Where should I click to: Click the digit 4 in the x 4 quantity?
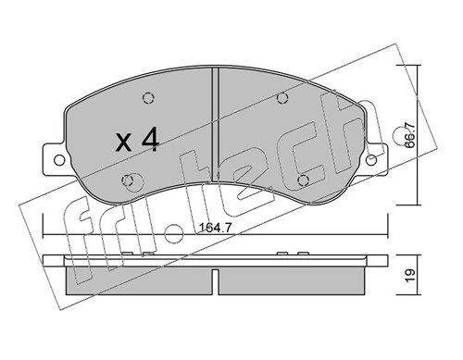[151, 140]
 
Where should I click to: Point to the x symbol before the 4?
[123, 143]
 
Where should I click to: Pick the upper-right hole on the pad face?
[284, 100]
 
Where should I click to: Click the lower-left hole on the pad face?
[131, 179]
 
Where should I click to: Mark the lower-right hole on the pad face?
[301, 179]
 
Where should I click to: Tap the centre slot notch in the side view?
[216, 279]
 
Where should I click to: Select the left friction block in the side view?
[139, 277]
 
